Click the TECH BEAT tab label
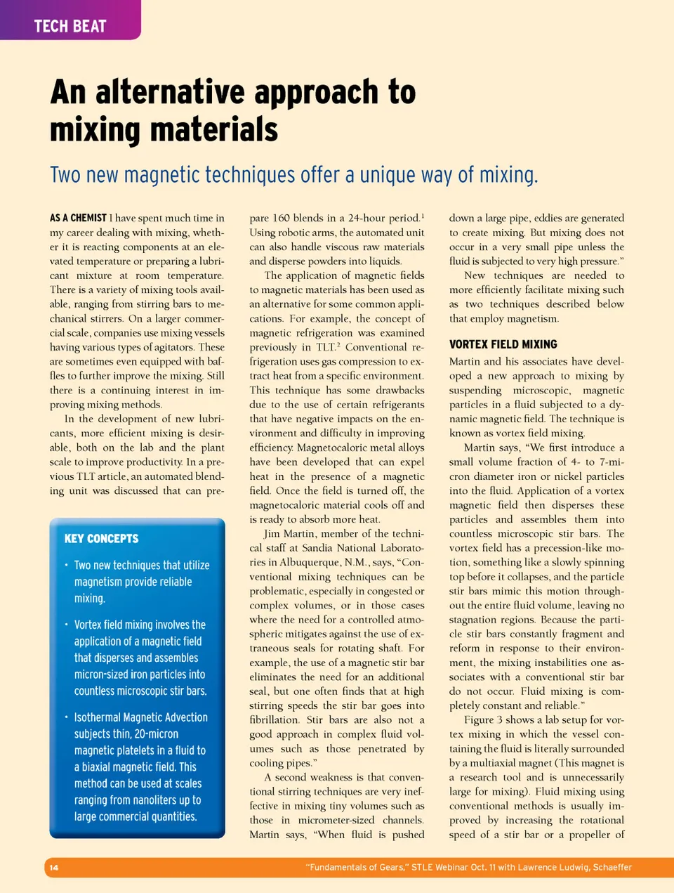click(70, 27)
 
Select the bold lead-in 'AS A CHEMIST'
click(78, 218)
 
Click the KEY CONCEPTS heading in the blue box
click(101, 539)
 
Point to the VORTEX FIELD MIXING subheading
click(503, 344)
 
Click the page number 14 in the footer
click(54, 868)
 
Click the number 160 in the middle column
click(281, 218)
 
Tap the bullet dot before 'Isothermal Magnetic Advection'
click(66, 717)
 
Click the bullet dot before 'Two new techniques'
click(66, 565)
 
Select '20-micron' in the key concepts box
click(156, 734)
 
